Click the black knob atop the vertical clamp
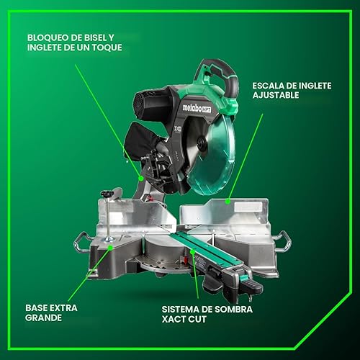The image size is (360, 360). pos(108,194)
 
